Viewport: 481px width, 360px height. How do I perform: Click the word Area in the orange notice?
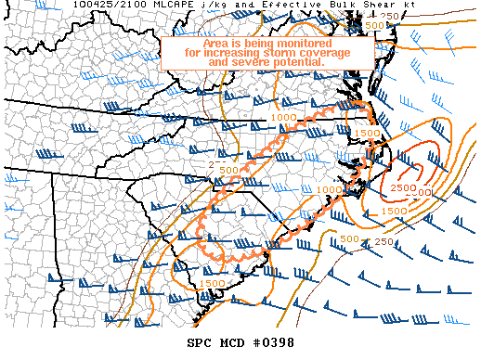pyautogui.click(x=218, y=43)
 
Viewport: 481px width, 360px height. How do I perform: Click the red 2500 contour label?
pyautogui.click(x=402, y=188)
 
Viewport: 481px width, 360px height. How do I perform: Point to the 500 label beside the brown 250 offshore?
pyautogui.click(x=349, y=240)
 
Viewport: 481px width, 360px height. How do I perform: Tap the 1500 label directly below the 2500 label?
pyautogui.click(x=394, y=212)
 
